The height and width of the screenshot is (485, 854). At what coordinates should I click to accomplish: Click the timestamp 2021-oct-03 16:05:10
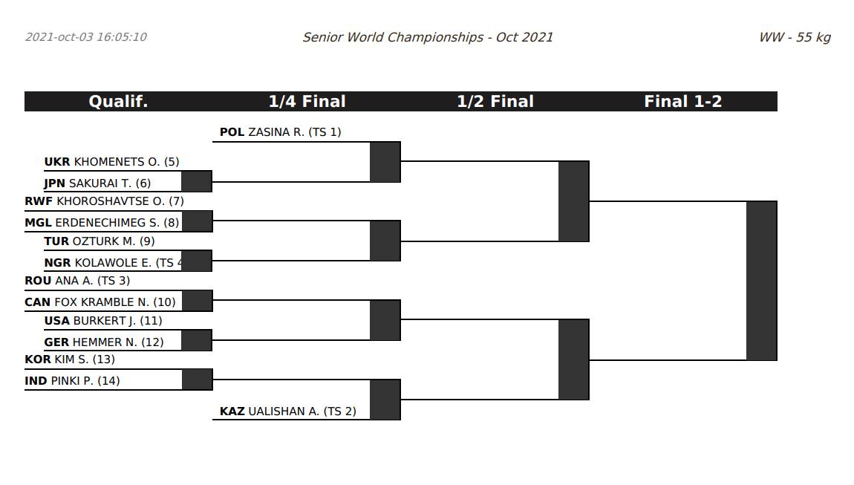86,37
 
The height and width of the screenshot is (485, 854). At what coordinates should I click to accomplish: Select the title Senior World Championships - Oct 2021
427,37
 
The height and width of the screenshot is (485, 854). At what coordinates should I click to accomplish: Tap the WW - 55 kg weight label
794,37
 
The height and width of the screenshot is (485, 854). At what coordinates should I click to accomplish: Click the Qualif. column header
118,102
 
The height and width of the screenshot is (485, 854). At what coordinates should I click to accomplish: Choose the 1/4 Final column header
307,102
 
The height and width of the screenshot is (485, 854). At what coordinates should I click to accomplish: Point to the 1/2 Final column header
495,102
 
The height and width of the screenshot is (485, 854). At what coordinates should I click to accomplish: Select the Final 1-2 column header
682,102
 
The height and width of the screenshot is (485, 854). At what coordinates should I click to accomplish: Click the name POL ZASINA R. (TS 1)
280,132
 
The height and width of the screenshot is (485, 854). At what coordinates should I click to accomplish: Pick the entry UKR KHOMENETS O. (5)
111,162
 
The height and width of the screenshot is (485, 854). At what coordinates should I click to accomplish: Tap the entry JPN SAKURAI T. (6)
97,183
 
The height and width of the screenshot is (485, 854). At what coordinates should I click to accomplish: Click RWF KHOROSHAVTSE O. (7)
104,201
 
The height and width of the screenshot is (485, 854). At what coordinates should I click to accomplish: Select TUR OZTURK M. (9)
100,241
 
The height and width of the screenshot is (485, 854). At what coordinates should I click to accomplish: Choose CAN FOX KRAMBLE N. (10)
100,302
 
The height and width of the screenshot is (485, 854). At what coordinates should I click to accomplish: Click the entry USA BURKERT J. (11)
103,321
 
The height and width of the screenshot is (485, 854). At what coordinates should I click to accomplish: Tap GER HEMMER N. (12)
104,342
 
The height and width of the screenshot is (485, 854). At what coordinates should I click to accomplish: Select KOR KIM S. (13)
70,359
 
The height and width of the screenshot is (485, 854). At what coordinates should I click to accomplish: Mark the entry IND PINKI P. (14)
72,381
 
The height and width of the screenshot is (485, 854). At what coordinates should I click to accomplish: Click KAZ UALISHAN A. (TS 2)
287,411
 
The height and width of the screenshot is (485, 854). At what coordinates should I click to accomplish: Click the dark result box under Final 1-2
761,281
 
